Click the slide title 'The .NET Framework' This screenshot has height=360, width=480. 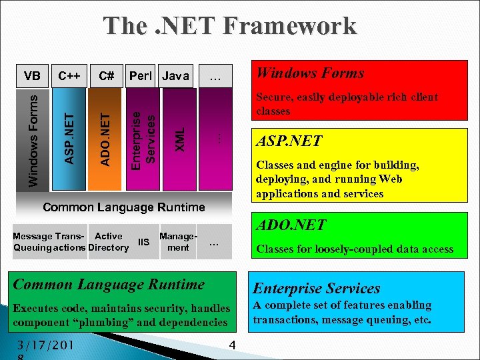coord(230,26)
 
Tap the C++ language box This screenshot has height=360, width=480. coord(69,76)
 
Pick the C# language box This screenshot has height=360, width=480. coord(105,76)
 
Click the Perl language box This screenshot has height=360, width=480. coord(141,76)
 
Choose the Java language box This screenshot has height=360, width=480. coord(176,76)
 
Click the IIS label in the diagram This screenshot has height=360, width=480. coord(143,242)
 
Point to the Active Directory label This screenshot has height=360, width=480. coord(109,242)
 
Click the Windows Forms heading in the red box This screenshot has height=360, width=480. coord(311,73)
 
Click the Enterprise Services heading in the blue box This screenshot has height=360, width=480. coord(317,288)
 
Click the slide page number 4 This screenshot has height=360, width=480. coord(233,345)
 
